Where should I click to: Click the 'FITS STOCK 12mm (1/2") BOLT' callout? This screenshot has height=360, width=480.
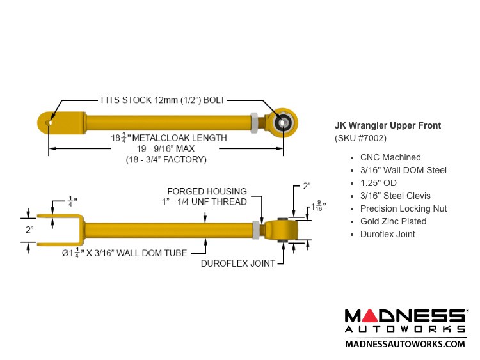click(163, 100)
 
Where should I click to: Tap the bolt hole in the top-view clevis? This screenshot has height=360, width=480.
click(49, 123)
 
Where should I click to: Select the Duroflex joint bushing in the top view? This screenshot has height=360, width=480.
click(282, 123)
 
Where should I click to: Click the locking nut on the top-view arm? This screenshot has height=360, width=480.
click(254, 123)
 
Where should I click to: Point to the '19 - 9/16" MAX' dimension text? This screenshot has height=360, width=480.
click(166, 148)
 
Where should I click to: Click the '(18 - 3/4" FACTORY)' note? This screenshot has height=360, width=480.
click(166, 159)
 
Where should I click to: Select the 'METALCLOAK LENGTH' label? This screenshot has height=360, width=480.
click(179, 138)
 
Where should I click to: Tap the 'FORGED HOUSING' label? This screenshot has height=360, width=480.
click(207, 191)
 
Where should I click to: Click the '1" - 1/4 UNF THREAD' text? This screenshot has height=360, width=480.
click(204, 202)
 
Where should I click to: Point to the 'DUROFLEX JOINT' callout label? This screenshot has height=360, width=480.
click(238, 263)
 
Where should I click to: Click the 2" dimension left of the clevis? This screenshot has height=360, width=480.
click(29, 230)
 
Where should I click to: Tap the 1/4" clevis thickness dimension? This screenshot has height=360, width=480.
click(72, 201)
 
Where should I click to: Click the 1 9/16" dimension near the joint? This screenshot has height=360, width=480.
click(318, 207)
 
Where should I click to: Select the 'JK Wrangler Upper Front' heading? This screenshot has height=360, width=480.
click(388, 125)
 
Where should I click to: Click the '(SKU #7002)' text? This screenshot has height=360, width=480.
click(360, 138)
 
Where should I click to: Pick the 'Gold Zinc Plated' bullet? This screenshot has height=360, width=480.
click(393, 221)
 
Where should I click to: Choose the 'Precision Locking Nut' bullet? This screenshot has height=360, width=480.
click(403, 208)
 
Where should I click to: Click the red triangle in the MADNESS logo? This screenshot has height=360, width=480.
click(371, 316)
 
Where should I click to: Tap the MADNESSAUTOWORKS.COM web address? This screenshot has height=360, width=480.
click(405, 344)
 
